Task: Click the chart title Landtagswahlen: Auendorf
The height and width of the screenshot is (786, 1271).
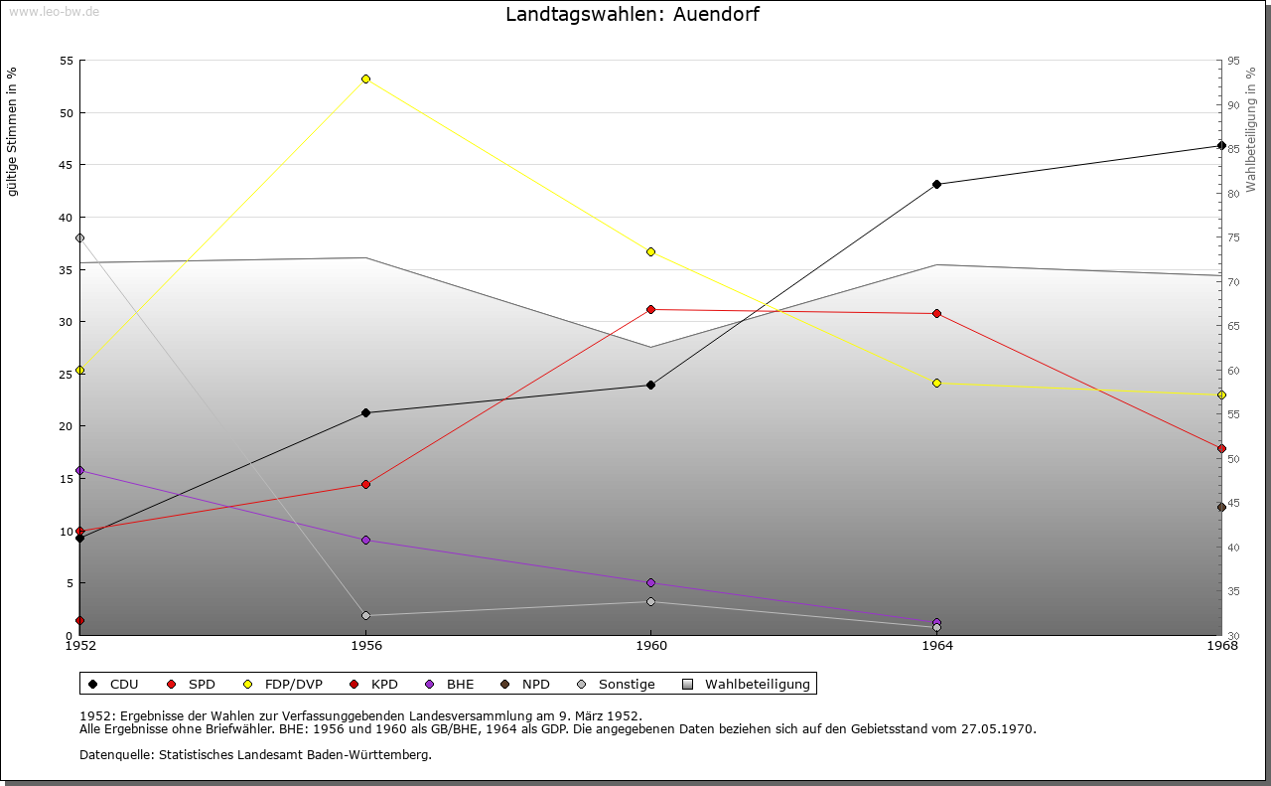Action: click(x=634, y=15)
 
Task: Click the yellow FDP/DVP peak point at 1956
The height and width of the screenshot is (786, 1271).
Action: click(x=365, y=79)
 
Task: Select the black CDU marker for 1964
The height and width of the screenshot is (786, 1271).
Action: click(x=936, y=184)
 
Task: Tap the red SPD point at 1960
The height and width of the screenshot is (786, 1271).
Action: click(x=650, y=309)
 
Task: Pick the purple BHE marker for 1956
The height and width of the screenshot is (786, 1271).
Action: click(x=365, y=540)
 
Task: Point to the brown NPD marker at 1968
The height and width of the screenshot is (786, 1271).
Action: click(x=1221, y=507)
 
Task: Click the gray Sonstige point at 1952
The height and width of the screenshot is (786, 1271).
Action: click(x=79, y=237)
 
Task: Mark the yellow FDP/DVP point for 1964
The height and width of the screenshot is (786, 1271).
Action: click(x=936, y=383)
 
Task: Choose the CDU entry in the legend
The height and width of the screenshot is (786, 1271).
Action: click(x=113, y=684)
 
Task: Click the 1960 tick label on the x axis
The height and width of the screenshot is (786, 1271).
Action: click(x=650, y=646)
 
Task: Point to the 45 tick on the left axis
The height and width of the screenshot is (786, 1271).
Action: click(x=66, y=165)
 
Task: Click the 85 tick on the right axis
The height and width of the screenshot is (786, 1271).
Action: click(x=1232, y=149)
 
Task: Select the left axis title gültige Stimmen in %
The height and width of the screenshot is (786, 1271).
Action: click(x=12, y=131)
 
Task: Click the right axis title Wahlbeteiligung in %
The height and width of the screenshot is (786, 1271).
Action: click(x=1251, y=129)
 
